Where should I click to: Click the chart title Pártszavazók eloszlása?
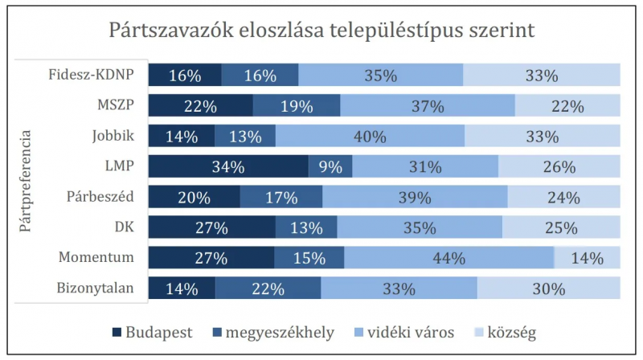pos(321,31)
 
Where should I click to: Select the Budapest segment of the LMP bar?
pos(228,166)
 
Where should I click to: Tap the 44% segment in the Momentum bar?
pos(448,258)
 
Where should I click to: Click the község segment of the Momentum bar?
pos(588,258)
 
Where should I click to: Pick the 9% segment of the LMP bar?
pos(330,166)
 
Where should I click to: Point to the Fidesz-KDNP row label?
pos(91,76)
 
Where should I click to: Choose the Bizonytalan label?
pos(94,288)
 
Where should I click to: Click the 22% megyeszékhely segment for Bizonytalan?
pos(268,288)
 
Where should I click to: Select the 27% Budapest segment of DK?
pos(212,227)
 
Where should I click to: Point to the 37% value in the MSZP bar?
pos(428,105)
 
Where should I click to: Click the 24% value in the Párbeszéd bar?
pos(563,197)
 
